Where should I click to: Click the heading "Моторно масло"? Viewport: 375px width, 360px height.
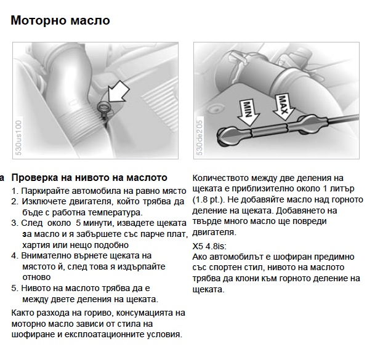(x=60, y=21)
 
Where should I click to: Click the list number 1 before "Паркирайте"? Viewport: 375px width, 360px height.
(x=15, y=191)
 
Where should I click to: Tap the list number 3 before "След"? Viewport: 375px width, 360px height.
(x=15, y=223)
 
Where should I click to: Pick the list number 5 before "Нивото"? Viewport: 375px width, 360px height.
(x=15, y=287)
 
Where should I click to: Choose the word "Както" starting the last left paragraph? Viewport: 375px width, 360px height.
(x=25, y=313)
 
